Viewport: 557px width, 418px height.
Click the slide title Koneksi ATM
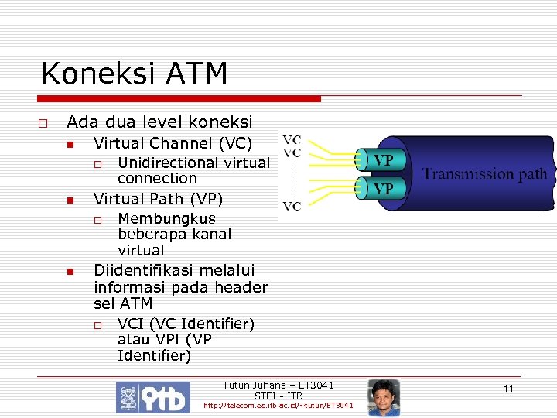pos(134,74)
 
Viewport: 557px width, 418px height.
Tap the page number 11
pos(508,389)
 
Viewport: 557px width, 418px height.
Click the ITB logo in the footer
pos(152,397)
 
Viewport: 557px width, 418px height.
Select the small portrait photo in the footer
pos(384,397)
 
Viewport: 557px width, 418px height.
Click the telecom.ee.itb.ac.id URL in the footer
pos(278,406)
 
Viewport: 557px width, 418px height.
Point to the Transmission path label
pos(484,173)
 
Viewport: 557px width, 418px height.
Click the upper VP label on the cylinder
pos(384,160)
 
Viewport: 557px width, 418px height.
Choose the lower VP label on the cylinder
pos(384,188)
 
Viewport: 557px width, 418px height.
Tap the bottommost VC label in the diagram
pos(292,206)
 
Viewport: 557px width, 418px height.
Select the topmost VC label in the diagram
pos(292,140)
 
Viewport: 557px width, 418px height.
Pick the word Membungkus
pos(166,218)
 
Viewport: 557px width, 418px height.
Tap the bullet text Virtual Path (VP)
pos(158,199)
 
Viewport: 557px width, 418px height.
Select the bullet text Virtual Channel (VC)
pos(173,143)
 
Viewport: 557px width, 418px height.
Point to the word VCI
pos(131,323)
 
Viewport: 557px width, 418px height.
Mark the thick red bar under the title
pos(180,99)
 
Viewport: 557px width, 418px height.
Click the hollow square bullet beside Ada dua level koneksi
pos(43,123)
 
